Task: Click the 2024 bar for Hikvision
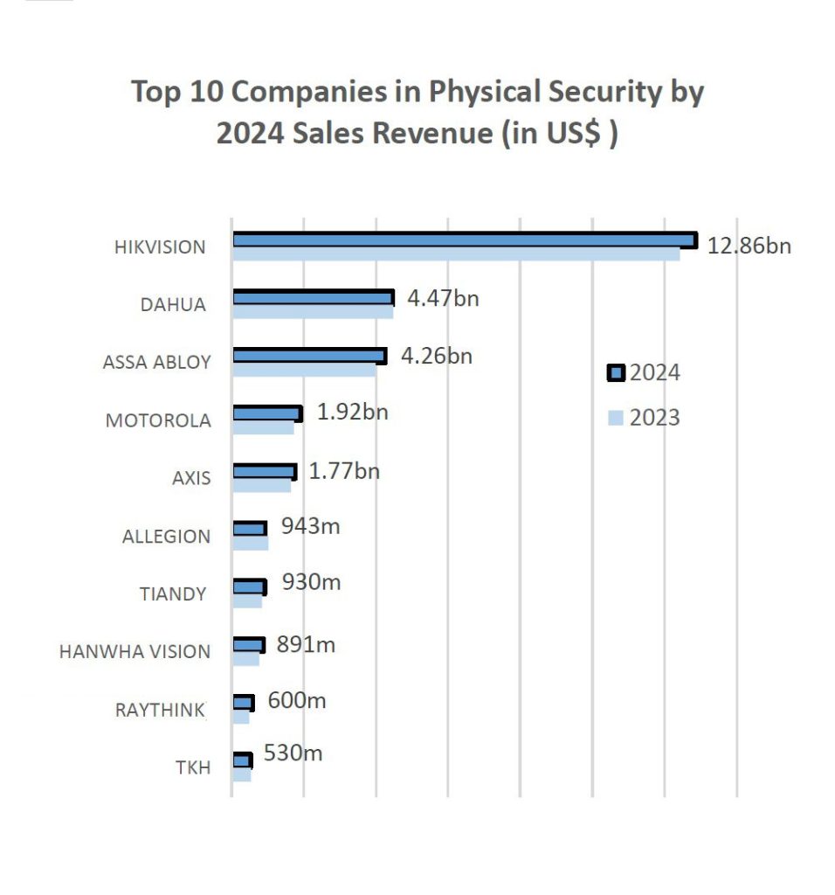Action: coord(464,240)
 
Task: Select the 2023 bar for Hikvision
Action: coord(455,254)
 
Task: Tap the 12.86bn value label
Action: coord(749,245)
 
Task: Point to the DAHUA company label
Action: coord(173,305)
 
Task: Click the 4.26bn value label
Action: coord(437,356)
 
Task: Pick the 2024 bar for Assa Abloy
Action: coord(309,356)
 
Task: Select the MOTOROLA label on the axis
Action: coord(158,420)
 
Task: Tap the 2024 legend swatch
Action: coord(616,374)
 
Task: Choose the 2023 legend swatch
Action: coord(616,419)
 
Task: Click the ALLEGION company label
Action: coord(166,537)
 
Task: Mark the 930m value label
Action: coord(310,581)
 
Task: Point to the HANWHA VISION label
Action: coord(135,652)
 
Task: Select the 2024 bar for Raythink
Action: coord(243,703)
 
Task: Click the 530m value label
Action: coord(293,753)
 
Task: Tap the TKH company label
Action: coord(192,768)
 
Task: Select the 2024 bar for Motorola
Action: coord(267,413)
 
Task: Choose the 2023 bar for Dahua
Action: coord(313,312)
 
